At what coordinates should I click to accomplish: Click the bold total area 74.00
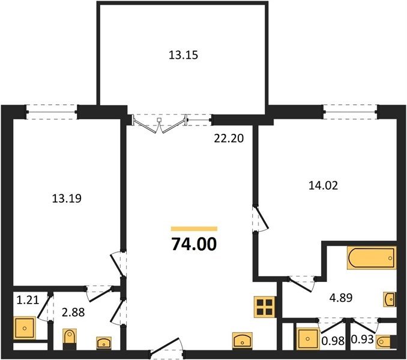pos(194,244)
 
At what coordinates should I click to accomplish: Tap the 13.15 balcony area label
pos(183,55)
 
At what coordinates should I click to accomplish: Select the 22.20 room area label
pos(229,139)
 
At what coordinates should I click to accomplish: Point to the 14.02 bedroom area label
pos(323,186)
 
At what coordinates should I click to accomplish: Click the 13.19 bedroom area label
pos(67,199)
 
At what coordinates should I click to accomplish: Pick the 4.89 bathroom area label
pos(341,298)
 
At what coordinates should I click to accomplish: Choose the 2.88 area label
pos(73,312)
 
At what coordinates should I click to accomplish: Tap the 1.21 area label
pos(28,300)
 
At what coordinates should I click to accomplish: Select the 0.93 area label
pos(363,339)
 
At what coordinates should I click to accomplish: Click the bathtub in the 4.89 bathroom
pos(372,258)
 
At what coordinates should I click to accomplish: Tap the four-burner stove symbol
pos(264,307)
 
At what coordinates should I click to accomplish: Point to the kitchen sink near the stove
pos(243,340)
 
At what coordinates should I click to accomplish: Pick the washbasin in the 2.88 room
pos(104,342)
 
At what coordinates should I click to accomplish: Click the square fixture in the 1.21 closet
pos(25,328)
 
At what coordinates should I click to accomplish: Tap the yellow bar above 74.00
pos(194,229)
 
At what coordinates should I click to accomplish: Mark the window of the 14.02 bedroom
pos(351,112)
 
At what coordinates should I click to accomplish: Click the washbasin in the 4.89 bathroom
pos(390,299)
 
